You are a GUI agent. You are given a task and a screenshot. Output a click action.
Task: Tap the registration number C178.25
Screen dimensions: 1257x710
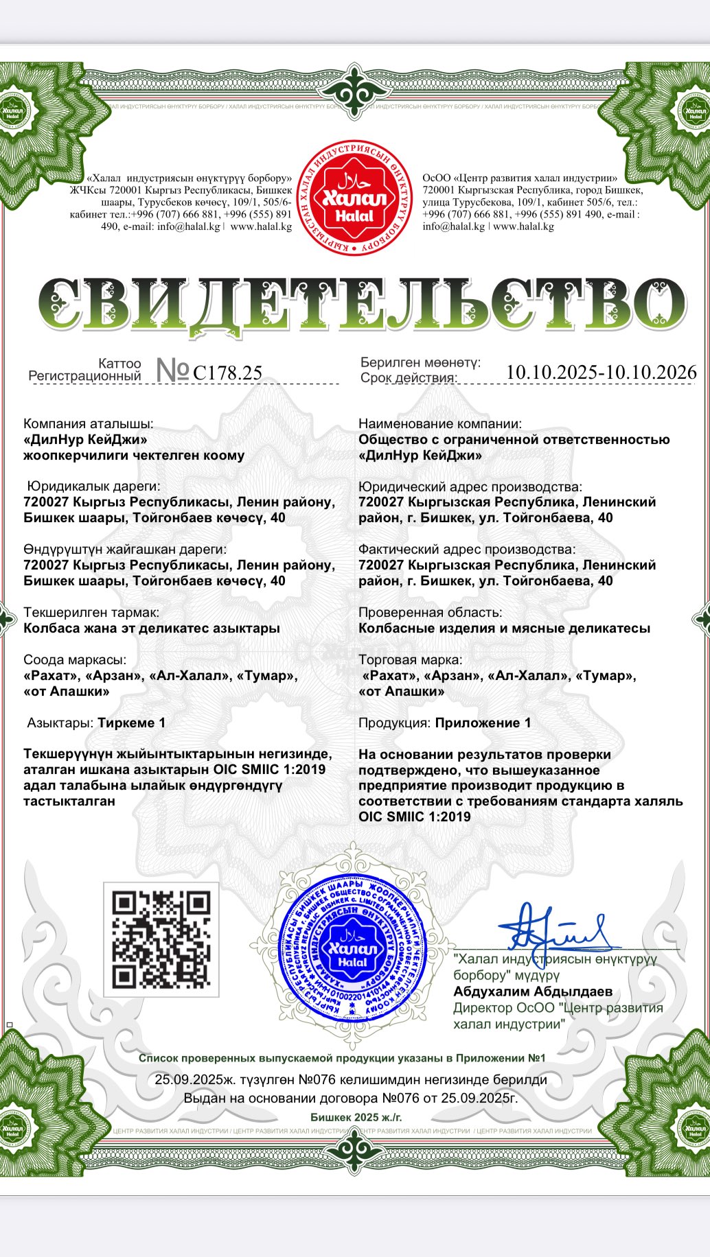[x=228, y=373]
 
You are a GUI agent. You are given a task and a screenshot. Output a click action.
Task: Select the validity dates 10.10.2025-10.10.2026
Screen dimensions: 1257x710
[x=601, y=372]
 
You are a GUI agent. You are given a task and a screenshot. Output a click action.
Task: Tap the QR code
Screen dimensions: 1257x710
[x=161, y=939]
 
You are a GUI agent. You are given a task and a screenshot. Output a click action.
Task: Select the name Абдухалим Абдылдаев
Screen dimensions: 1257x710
[x=533, y=991]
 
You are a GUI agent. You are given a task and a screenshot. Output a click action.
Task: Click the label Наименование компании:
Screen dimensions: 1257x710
[x=440, y=424]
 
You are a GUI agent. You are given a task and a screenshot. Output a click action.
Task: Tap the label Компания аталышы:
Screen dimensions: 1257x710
[x=89, y=424]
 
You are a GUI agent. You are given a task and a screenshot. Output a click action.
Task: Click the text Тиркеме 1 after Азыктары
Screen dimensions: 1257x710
[x=132, y=723]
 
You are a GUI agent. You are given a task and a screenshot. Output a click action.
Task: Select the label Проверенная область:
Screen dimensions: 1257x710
[x=431, y=612]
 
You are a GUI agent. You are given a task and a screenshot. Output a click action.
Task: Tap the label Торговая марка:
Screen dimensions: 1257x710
[x=410, y=659]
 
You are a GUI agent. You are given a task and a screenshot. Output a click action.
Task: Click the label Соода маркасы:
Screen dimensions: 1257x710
[x=76, y=659]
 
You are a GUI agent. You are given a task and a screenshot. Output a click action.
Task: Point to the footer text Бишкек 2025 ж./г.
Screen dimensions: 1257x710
[x=356, y=1117]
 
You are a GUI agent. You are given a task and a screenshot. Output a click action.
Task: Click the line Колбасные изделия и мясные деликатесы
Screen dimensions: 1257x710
[x=504, y=628]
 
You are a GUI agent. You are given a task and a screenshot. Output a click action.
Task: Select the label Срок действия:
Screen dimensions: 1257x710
[x=409, y=378]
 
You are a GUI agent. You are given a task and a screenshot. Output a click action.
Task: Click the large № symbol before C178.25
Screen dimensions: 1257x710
[x=172, y=371]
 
